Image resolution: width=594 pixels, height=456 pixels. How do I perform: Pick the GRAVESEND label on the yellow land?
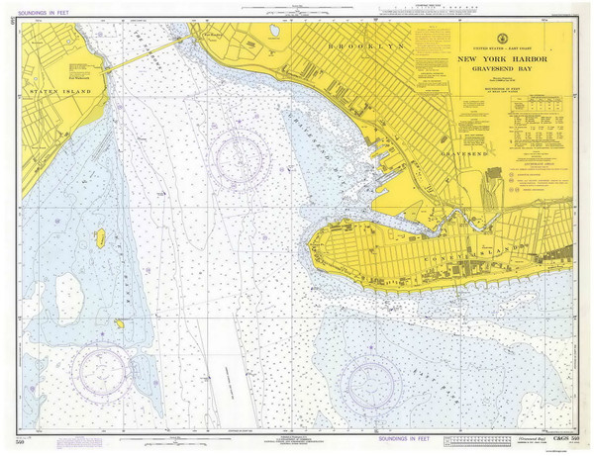465,155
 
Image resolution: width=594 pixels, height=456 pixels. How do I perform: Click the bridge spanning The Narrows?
144,55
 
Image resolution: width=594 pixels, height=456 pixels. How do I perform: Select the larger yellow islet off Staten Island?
100,237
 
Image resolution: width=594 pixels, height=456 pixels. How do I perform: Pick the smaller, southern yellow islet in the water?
119,323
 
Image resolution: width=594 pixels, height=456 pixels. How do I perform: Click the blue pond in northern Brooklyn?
274,31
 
